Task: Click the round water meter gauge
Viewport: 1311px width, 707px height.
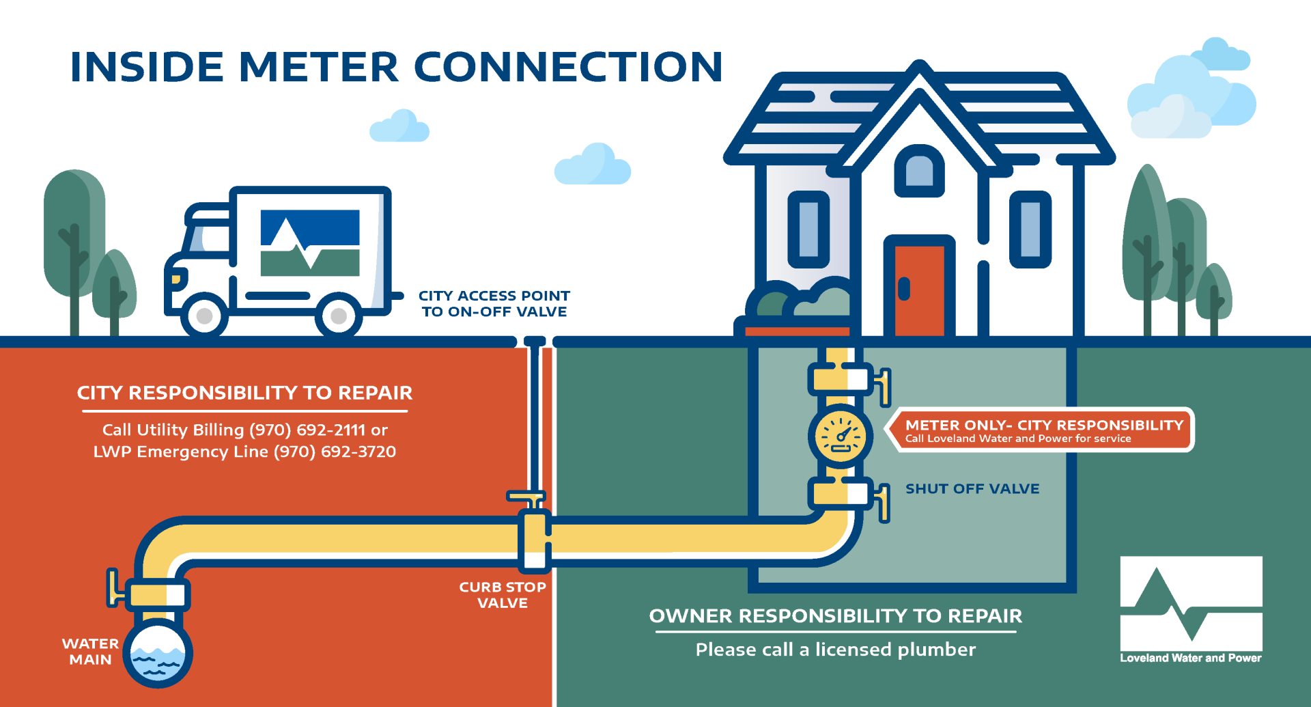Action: pos(841,436)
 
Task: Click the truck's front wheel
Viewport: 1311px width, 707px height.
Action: pos(204,316)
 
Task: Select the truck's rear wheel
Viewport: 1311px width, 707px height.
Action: pos(339,316)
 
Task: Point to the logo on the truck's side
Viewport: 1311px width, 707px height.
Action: pos(310,242)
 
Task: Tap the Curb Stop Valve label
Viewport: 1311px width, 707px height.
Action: pos(502,595)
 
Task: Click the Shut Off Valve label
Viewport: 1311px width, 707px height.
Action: pos(972,488)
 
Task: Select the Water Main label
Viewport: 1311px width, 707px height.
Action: pos(90,652)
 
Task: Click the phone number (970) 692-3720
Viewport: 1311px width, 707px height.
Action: pos(335,452)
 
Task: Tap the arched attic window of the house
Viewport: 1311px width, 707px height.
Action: pos(919,171)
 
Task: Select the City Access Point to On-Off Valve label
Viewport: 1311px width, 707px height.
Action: pos(494,303)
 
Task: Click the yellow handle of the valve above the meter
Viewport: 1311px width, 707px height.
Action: pos(884,386)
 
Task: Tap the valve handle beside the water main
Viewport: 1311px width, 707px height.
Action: pos(112,587)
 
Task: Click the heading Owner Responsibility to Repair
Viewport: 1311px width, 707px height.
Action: pos(835,615)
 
